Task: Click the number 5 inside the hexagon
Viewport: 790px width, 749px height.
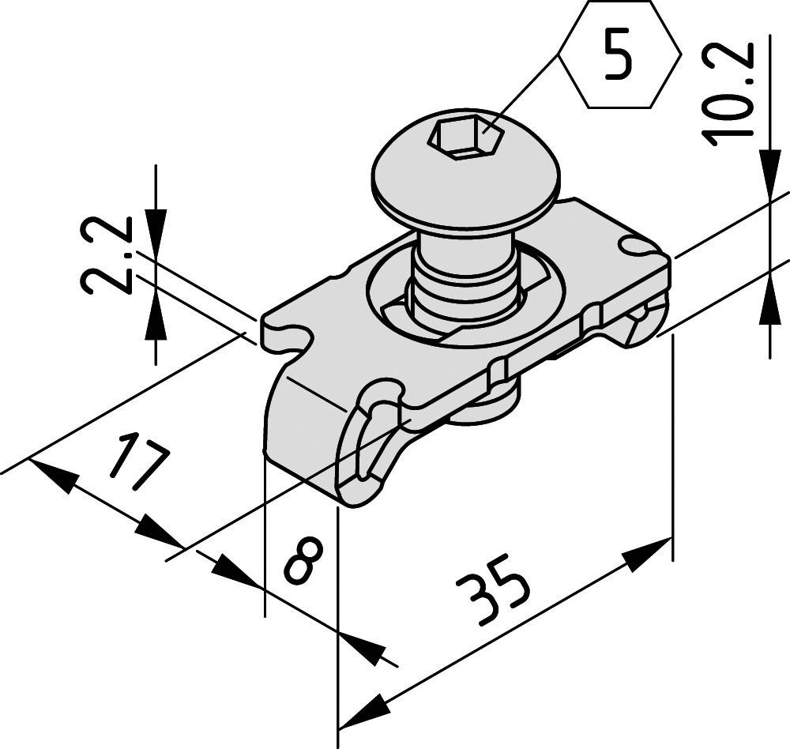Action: [619, 56]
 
